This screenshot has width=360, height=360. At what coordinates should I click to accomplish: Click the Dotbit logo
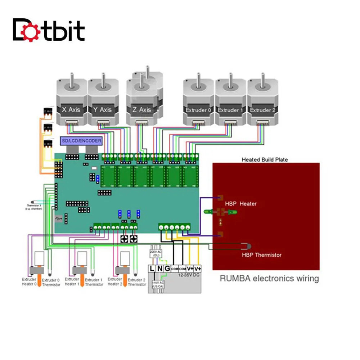tap(49, 30)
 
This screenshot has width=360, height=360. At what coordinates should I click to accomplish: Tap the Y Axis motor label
tap(103, 109)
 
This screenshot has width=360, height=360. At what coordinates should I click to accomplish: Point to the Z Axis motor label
tap(142, 109)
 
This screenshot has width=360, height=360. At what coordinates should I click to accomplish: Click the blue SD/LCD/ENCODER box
tap(81, 140)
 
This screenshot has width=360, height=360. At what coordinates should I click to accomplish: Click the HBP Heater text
tap(241, 204)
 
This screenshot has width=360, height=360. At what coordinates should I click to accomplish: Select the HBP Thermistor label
tap(261, 255)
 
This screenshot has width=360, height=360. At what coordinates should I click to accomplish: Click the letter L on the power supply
tap(152, 269)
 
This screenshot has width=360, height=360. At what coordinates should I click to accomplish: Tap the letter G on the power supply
tap(167, 269)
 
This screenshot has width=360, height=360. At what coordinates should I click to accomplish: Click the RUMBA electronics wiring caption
tap(269, 278)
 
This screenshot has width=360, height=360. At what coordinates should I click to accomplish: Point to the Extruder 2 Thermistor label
tap(137, 282)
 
